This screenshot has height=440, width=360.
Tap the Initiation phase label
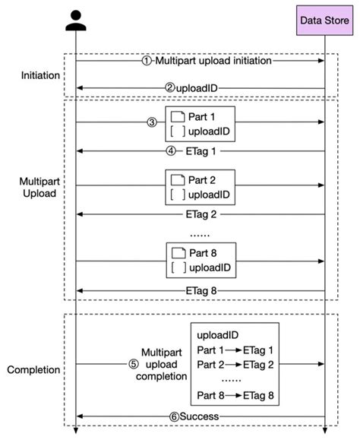point(37,75)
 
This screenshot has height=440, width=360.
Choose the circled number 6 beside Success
point(174,416)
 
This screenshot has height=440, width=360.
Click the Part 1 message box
point(201,125)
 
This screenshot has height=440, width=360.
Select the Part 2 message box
point(201,188)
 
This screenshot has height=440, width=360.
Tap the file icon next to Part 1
point(178,118)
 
